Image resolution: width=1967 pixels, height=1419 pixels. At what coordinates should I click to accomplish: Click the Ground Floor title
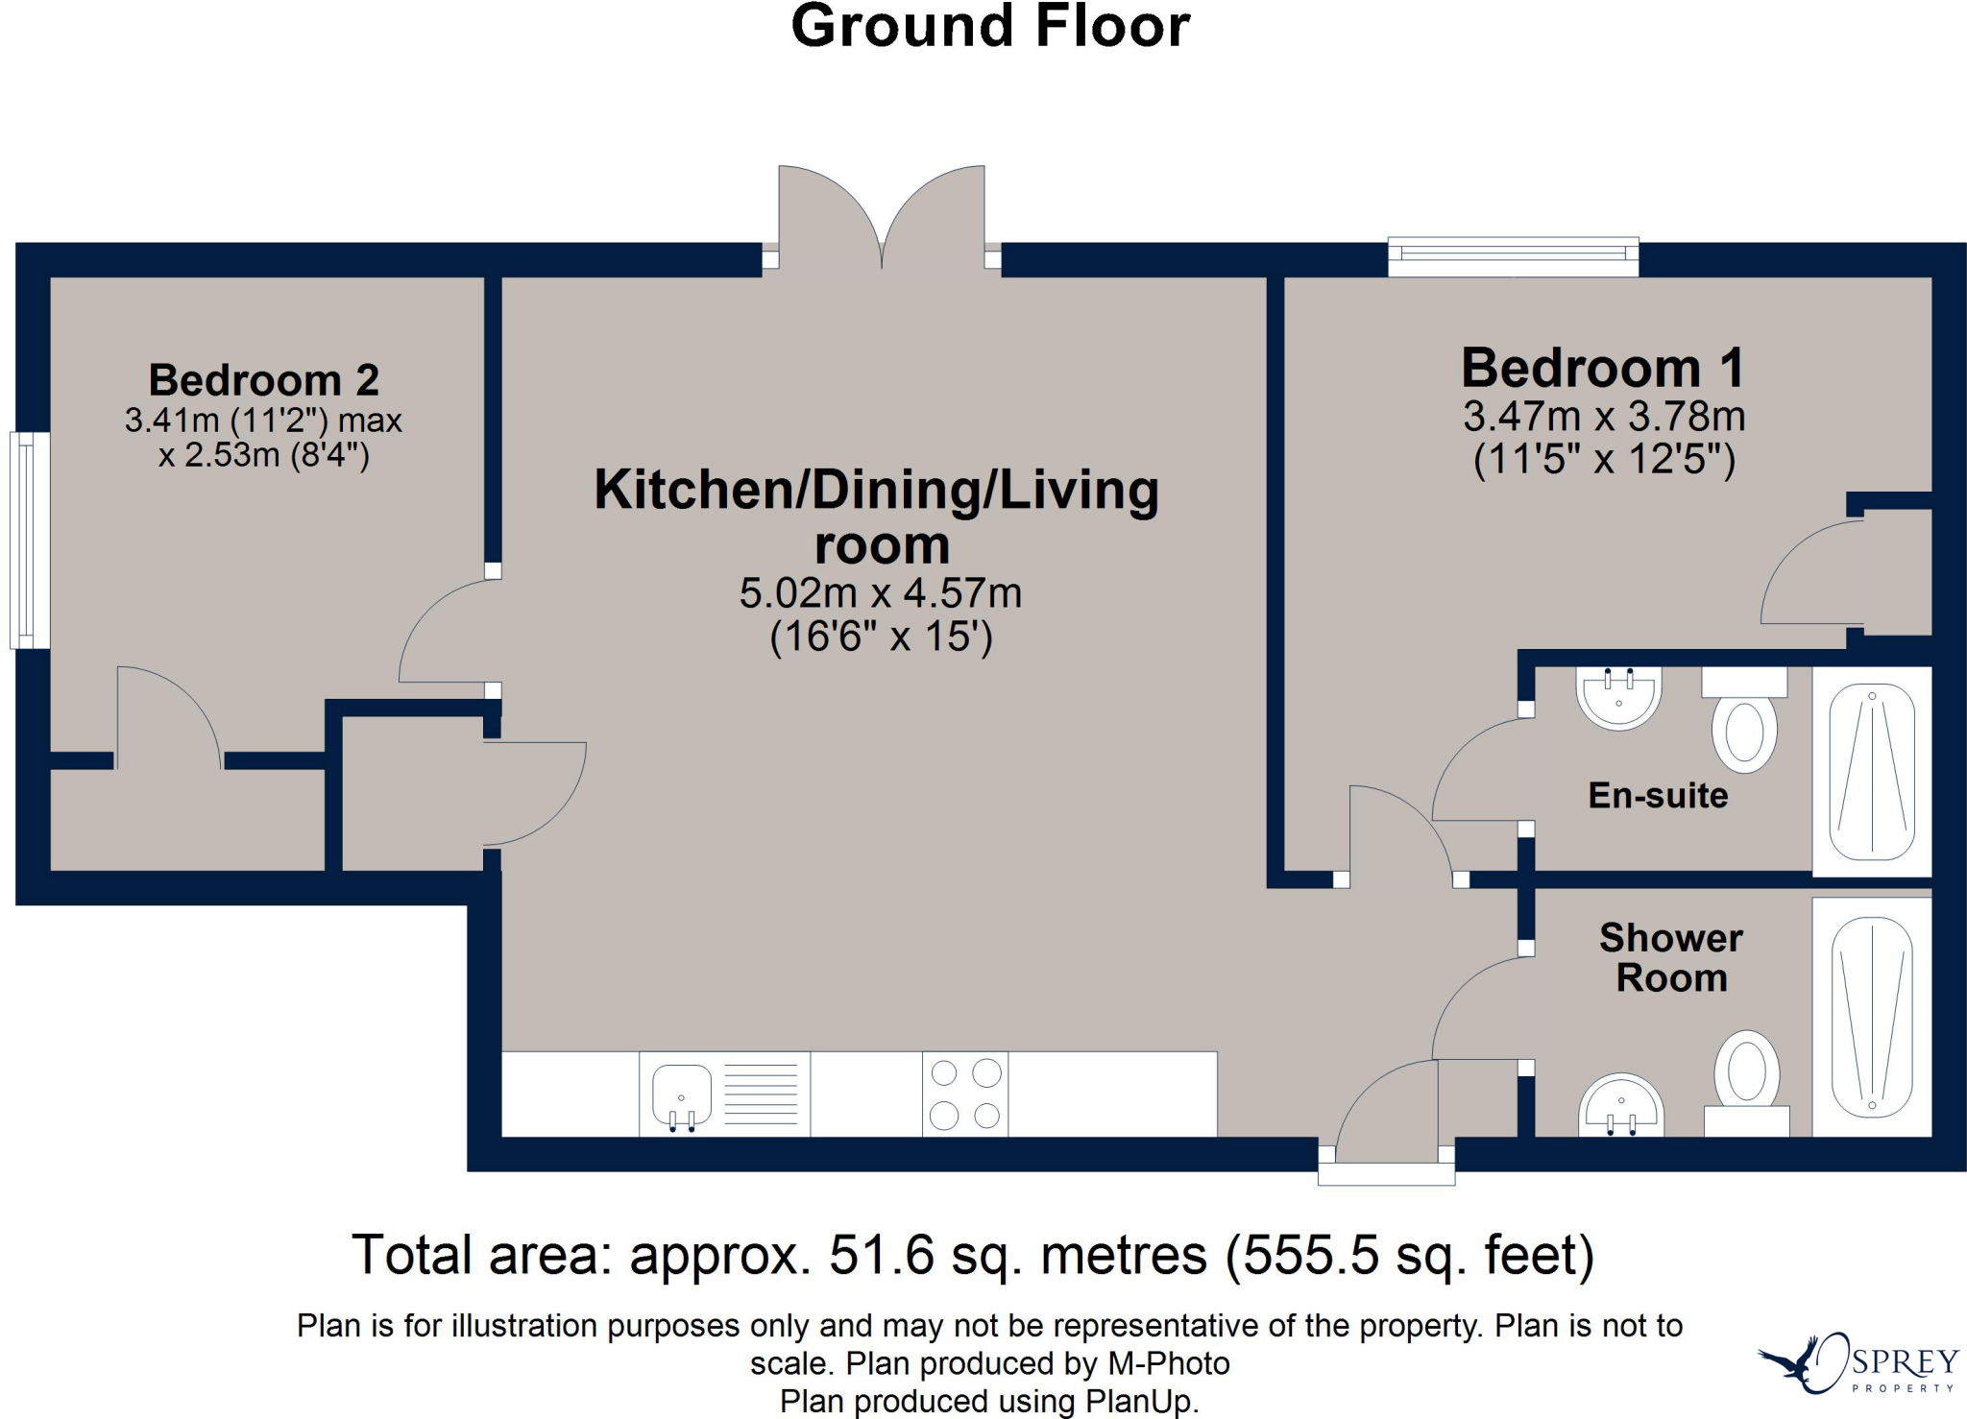(x=990, y=26)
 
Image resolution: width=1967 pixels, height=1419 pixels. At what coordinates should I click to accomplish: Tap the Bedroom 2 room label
(x=264, y=380)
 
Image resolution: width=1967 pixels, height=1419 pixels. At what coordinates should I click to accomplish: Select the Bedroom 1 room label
(x=1603, y=368)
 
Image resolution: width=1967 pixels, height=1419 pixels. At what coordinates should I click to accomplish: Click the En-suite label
(x=1658, y=795)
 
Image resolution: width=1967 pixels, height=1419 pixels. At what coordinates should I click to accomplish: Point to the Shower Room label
(x=1671, y=957)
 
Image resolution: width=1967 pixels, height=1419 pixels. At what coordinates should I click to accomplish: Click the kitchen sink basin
(x=682, y=1095)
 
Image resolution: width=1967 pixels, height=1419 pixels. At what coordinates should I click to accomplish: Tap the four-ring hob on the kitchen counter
(x=965, y=1094)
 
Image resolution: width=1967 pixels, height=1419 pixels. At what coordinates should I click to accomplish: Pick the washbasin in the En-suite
(x=1618, y=698)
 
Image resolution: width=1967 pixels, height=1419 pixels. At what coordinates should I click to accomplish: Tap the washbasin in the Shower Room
(x=1621, y=1105)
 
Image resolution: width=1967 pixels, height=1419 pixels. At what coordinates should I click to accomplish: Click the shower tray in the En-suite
(x=1872, y=772)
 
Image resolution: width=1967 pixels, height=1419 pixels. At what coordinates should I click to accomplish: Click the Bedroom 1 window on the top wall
(x=1514, y=256)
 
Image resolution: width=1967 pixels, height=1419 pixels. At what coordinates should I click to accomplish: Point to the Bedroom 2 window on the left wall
(x=30, y=540)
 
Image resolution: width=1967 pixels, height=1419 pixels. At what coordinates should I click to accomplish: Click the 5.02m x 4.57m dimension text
(x=880, y=593)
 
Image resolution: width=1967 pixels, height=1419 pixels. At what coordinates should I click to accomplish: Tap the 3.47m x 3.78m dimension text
(x=1604, y=417)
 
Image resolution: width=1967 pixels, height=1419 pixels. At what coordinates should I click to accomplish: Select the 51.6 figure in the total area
(x=882, y=1255)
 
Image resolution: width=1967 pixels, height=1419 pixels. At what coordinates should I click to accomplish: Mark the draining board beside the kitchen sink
(x=761, y=1094)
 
